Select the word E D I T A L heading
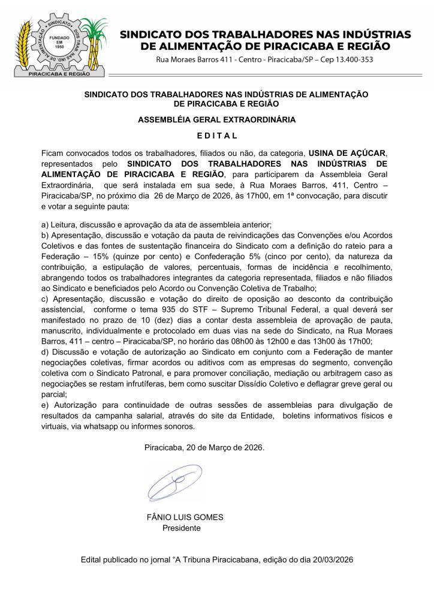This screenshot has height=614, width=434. click(x=217, y=136)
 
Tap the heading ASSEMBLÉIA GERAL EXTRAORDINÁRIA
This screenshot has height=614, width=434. click(x=217, y=119)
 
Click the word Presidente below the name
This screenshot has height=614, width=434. click(x=182, y=528)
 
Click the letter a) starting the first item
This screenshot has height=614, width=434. click(x=45, y=225)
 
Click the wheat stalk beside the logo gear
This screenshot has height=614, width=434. click(x=24, y=45)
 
